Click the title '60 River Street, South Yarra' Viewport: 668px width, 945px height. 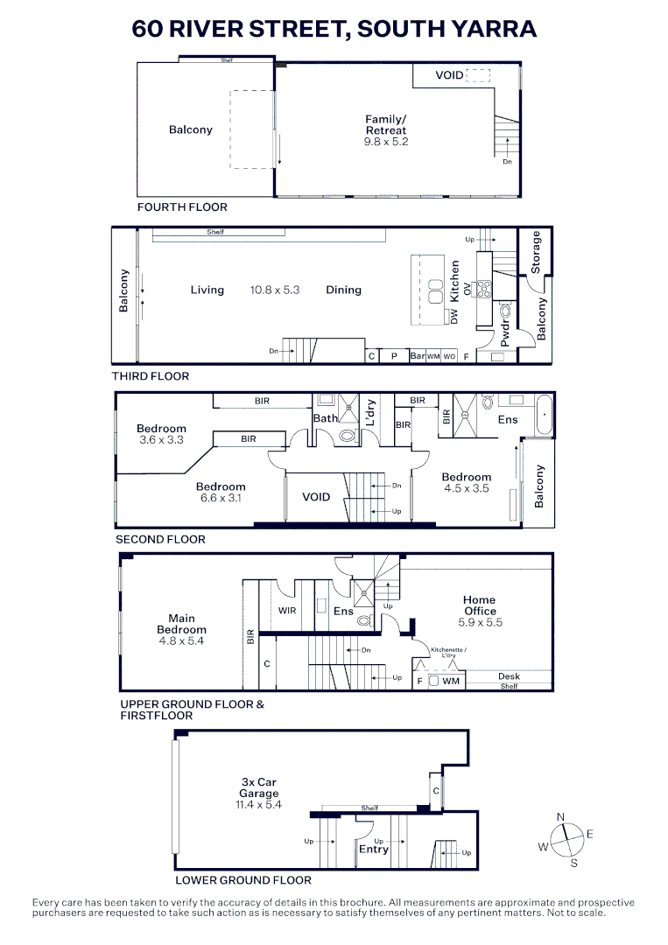[334, 29]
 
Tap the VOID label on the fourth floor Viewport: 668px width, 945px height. [449, 75]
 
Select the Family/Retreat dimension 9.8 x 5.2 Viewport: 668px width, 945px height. [386, 141]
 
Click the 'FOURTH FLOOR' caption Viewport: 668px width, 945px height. [182, 207]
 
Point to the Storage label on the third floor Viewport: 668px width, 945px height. [537, 251]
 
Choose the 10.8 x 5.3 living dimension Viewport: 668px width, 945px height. [275, 290]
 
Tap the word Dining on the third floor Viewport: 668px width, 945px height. [343, 290]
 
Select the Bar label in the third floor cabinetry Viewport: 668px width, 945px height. [417, 356]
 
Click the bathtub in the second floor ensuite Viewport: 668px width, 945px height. [544, 415]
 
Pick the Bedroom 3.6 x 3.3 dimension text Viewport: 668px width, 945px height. [161, 440]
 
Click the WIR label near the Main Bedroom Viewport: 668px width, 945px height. [287, 610]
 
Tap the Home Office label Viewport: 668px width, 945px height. [480, 605]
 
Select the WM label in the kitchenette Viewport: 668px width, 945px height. [451, 681]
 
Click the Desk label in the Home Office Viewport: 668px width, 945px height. [509, 676]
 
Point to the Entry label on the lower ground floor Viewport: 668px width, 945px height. [374, 849]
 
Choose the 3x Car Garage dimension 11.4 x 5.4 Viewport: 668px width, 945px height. [259, 804]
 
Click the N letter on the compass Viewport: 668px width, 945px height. [560, 816]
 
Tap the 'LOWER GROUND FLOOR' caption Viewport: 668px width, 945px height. [243, 880]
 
